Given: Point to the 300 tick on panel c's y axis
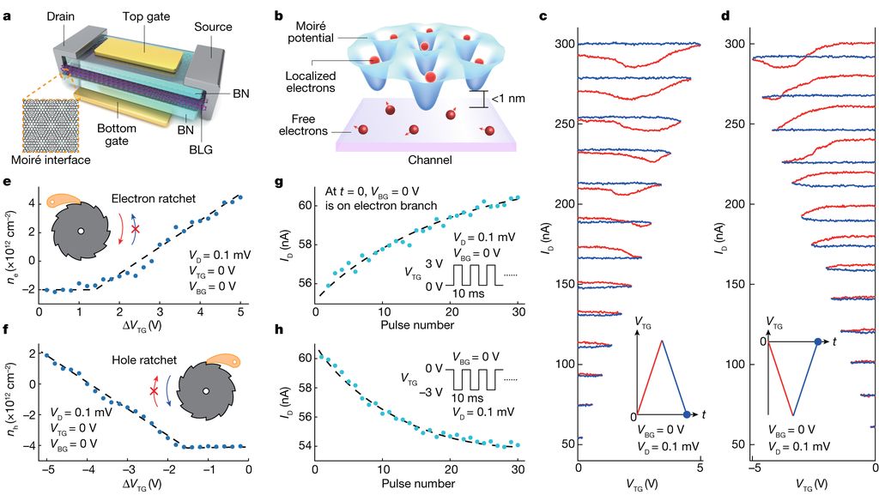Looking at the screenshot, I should pyautogui.click(x=564, y=44).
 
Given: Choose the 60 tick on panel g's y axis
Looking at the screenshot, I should pyautogui.click(x=304, y=206).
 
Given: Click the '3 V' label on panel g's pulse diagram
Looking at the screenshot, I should pyautogui.click(x=432, y=263).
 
